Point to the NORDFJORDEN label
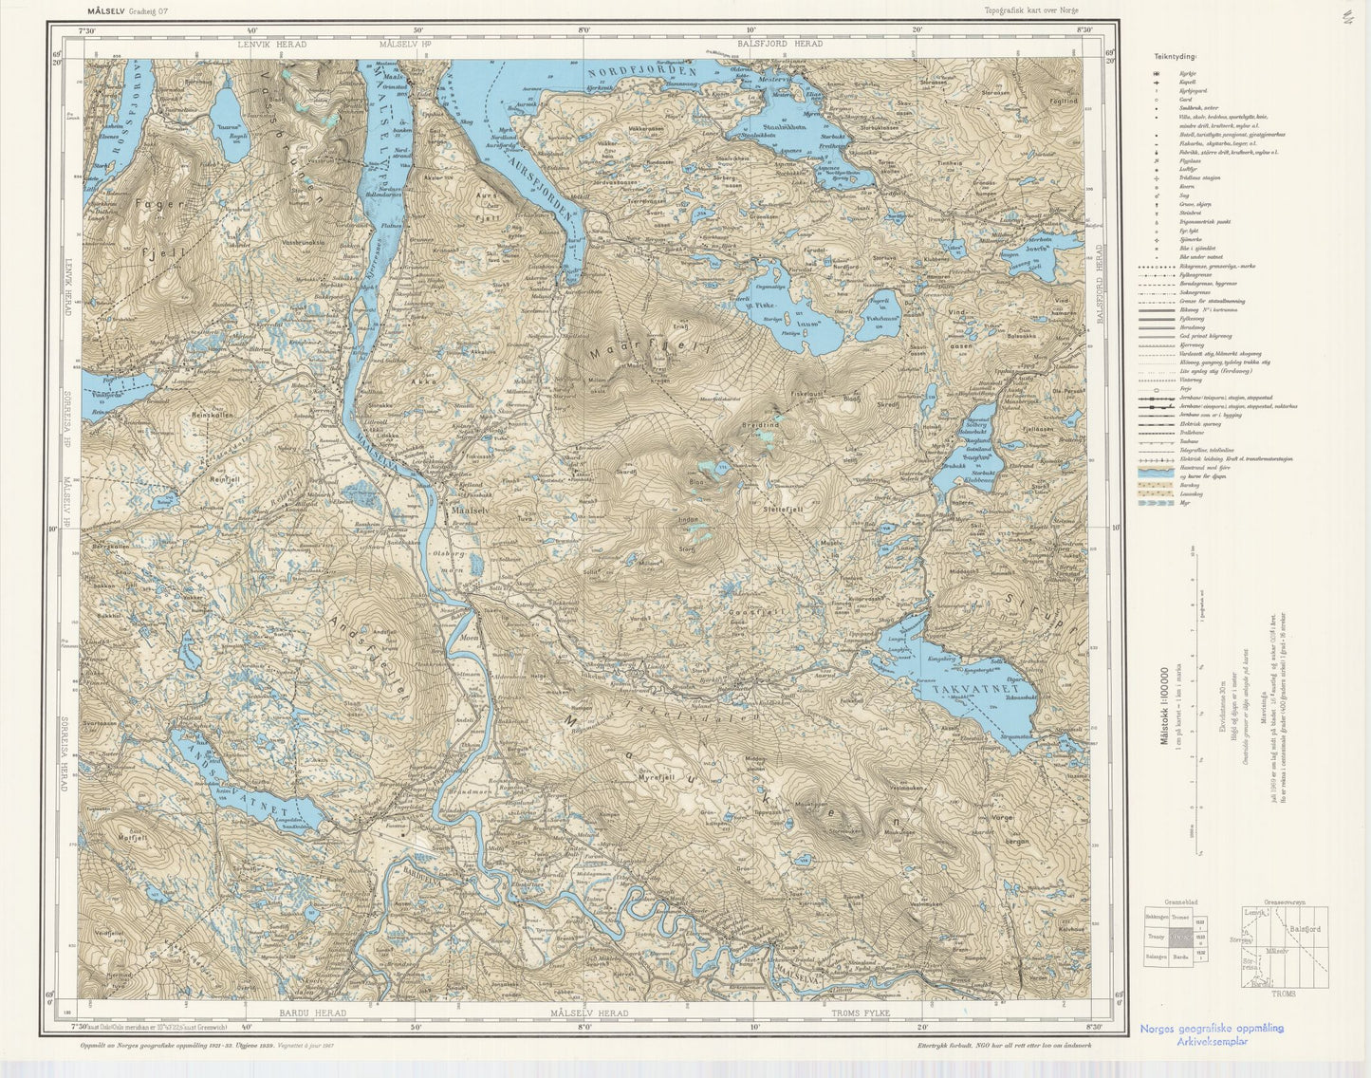[640, 72]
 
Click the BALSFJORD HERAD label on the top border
[780, 44]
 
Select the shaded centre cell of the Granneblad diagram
[1179, 937]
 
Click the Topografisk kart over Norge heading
[1031, 10]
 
